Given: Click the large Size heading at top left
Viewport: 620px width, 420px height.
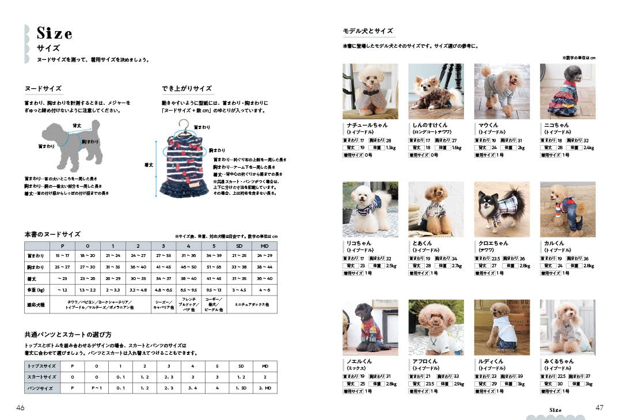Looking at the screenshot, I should click(54, 32).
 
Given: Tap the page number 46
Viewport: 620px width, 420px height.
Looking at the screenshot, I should click(20, 407).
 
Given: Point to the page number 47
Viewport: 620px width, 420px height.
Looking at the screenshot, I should click(599, 407).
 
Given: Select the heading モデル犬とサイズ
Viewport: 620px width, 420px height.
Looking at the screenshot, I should click(367, 31).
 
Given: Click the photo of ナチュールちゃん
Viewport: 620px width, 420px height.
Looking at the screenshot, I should click(370, 92).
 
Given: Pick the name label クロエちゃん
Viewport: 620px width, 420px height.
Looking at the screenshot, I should click(493, 243).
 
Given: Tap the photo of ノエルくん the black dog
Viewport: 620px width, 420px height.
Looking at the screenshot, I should click(370, 327).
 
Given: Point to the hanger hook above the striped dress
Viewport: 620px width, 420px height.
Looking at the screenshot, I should click(183, 124).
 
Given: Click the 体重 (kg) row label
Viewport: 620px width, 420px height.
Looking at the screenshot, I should click(35, 290).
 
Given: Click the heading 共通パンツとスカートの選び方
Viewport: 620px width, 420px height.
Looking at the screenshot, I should click(68, 334).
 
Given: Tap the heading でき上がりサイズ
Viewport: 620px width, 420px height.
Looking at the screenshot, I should click(187, 89).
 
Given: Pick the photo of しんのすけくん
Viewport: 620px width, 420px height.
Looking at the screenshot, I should click(436, 92).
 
